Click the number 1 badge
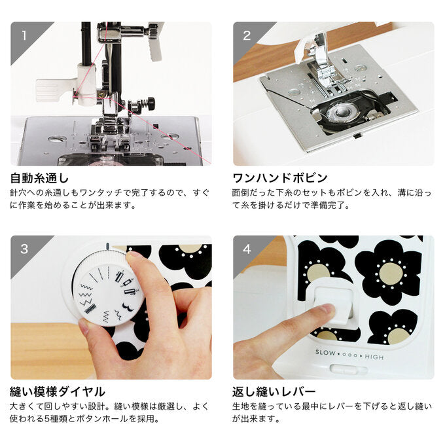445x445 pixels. [24, 35]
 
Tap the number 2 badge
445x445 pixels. [247, 35]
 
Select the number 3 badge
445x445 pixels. [24, 249]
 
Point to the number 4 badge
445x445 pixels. [247, 249]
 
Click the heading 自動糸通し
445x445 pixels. [39, 178]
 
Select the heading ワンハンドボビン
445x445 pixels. [280, 178]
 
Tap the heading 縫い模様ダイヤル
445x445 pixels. [58, 392]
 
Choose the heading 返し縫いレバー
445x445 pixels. [274, 392]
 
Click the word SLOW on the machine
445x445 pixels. [325, 353]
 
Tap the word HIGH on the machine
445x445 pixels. [374, 357]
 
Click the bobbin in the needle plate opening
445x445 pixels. [343, 111]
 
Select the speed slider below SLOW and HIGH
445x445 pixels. [349, 370]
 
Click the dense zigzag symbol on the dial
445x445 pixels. [90, 308]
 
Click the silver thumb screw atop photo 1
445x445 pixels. [151, 31]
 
